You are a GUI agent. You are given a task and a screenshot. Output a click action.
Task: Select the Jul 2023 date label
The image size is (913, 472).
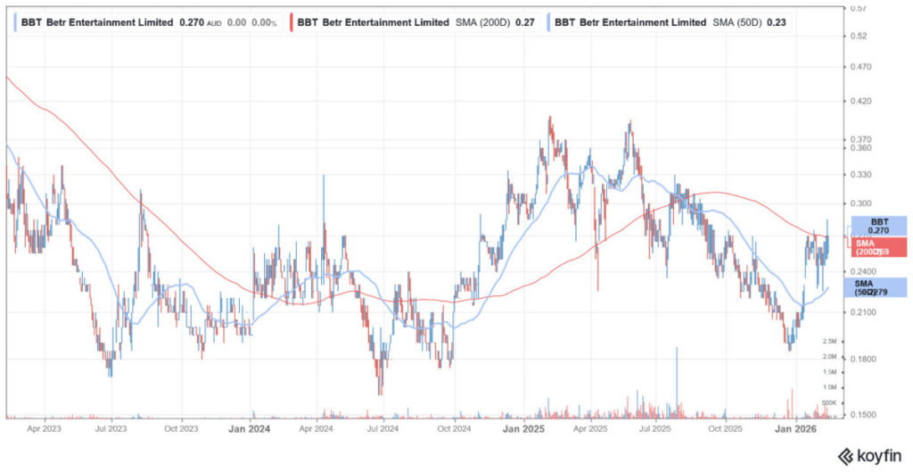[x=111, y=428]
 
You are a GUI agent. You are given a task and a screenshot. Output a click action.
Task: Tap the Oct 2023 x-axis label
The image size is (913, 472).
[x=181, y=428]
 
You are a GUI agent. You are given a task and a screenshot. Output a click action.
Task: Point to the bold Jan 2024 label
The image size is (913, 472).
[x=251, y=428]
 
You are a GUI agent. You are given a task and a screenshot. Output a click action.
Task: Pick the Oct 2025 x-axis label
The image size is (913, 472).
[x=725, y=428]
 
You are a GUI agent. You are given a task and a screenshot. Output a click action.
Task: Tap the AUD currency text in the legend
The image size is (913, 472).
[x=214, y=22]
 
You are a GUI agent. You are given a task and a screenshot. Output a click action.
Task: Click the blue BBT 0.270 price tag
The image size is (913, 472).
[x=879, y=226]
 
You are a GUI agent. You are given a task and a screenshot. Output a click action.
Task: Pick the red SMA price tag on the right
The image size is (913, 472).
[x=879, y=248]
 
